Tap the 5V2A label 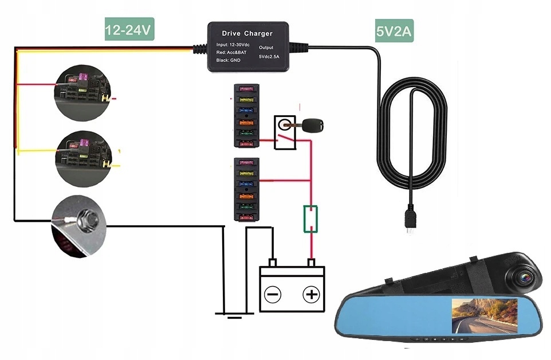(395, 32)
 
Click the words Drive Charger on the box (247, 34)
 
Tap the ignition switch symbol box (284, 132)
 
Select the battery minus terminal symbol (273, 295)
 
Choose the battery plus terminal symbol (310, 295)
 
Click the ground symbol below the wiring (232, 314)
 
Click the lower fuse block (246, 189)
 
